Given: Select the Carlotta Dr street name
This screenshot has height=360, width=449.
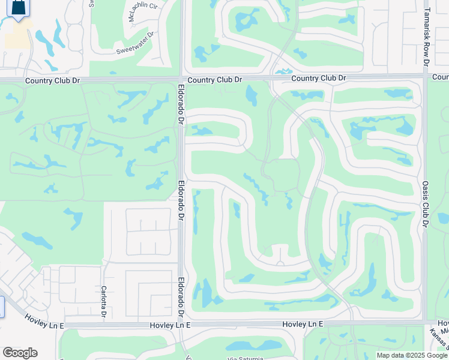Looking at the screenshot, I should coord(104,302).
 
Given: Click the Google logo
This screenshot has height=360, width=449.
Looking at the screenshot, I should coord(20,353).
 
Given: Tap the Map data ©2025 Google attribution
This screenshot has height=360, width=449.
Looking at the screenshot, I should coord(412,355).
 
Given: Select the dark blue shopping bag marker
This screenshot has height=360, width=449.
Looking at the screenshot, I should coord(20,8).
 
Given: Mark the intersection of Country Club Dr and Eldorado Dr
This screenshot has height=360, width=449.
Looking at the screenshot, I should coord(181,79).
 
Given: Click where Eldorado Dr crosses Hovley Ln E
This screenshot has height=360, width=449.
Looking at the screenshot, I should coord(181,325).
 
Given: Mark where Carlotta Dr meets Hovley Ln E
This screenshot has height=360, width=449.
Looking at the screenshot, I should coord(103,325).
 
